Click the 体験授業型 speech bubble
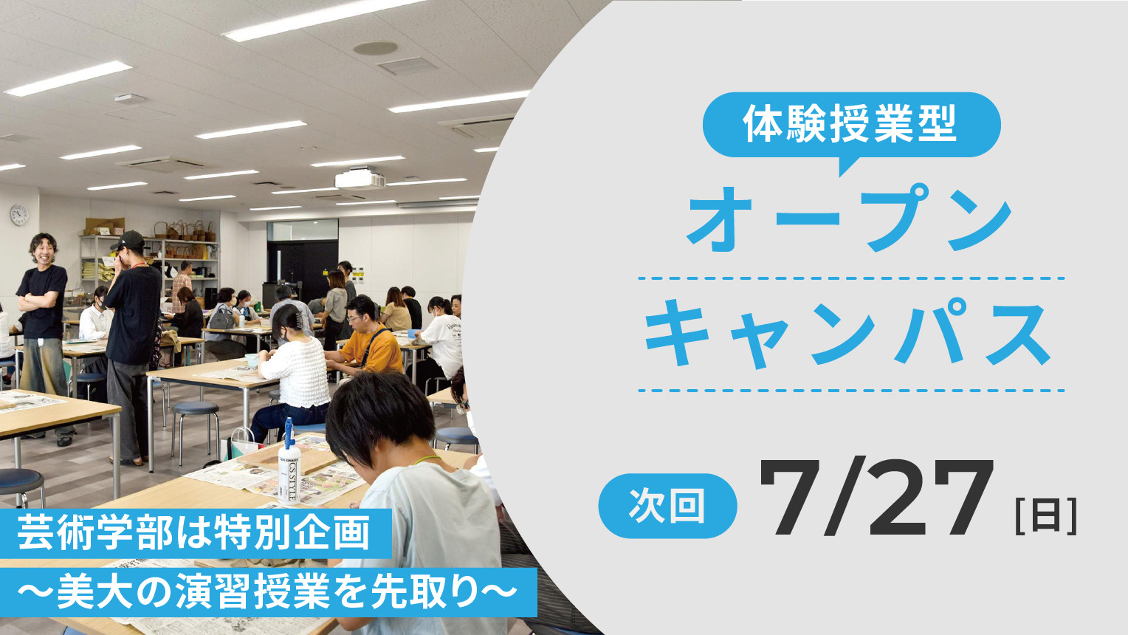click(x=851, y=126)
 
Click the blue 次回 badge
click(x=667, y=506)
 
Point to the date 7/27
click(x=876, y=498)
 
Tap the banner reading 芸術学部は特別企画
click(x=196, y=534)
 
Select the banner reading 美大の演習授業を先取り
click(x=268, y=592)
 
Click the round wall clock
click(x=19, y=215)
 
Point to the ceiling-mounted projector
click(x=360, y=179)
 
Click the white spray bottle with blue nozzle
click(x=289, y=463)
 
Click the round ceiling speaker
click(x=375, y=48)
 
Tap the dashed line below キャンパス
click(x=851, y=391)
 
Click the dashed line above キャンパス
click(x=851, y=278)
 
